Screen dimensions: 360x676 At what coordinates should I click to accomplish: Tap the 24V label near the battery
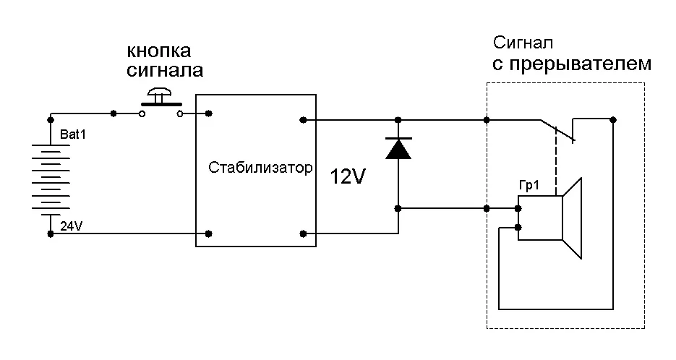point(71,226)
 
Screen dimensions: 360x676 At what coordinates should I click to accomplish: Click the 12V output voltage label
point(349,177)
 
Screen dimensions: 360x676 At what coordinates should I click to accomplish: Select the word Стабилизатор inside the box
point(260,168)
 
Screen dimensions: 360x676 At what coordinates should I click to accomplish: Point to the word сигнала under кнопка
point(165,71)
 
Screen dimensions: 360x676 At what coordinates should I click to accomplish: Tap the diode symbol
point(398,148)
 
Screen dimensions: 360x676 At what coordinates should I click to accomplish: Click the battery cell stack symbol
point(51,178)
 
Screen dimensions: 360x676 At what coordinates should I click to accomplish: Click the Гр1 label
point(530,186)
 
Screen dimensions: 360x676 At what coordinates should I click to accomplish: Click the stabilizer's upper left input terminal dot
point(209,113)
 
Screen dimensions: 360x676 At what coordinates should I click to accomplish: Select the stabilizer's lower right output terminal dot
point(304,233)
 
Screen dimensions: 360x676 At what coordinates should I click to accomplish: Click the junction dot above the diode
point(398,119)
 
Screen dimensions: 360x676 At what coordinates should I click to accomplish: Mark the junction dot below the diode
point(398,209)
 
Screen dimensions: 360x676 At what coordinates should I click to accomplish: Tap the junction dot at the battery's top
point(51,119)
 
